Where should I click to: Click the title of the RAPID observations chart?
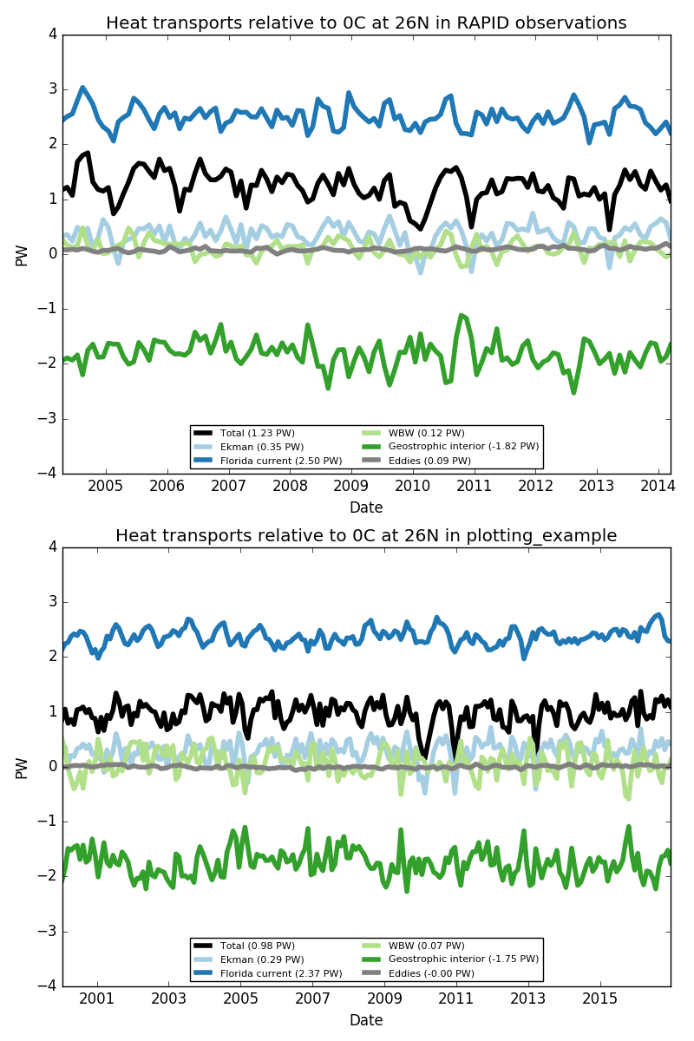pos(366,23)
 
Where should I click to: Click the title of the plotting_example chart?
pos(366,536)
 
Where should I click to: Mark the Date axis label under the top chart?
pos(366,507)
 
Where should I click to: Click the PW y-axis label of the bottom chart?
pos(23,767)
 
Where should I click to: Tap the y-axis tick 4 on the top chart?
pos(53,35)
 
